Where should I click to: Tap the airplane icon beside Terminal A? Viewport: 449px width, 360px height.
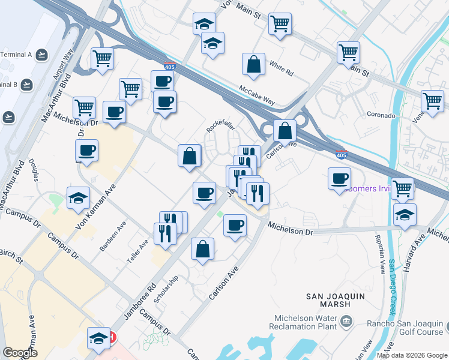[x=41, y=55]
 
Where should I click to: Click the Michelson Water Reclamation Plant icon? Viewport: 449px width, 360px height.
[x=346, y=323]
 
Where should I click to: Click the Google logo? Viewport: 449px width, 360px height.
[x=20, y=353]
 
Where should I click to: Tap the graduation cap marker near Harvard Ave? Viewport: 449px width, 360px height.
[x=405, y=214]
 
